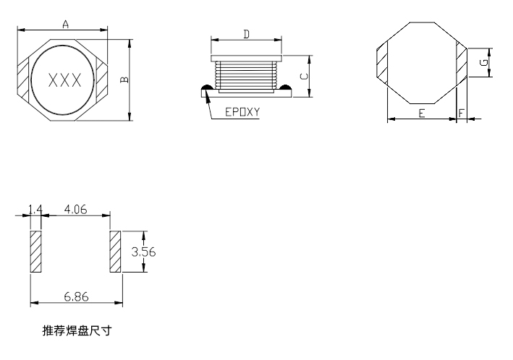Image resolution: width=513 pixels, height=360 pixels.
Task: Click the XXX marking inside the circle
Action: coord(64,80)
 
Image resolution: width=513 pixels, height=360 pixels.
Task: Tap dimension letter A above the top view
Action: coord(65,25)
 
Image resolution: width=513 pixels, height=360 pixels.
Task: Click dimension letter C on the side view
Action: coord(305,75)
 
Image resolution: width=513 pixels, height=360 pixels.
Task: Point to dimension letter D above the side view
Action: coord(246,34)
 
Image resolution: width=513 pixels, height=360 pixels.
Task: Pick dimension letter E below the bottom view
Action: coord(421,114)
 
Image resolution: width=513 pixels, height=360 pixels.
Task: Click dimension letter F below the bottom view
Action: coord(461,114)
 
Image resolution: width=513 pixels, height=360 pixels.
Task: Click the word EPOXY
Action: coord(242,113)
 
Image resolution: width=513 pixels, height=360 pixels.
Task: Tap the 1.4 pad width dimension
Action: coord(35,210)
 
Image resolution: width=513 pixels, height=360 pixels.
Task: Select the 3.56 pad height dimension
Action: coord(143,252)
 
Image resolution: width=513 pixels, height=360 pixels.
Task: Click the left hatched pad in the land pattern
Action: coord(36,252)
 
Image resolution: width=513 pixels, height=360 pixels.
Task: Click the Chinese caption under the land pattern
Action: coord(77,332)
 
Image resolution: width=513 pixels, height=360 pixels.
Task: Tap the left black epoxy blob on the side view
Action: coord(207,89)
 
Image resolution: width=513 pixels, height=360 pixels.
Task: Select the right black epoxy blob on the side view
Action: coord(284,89)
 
